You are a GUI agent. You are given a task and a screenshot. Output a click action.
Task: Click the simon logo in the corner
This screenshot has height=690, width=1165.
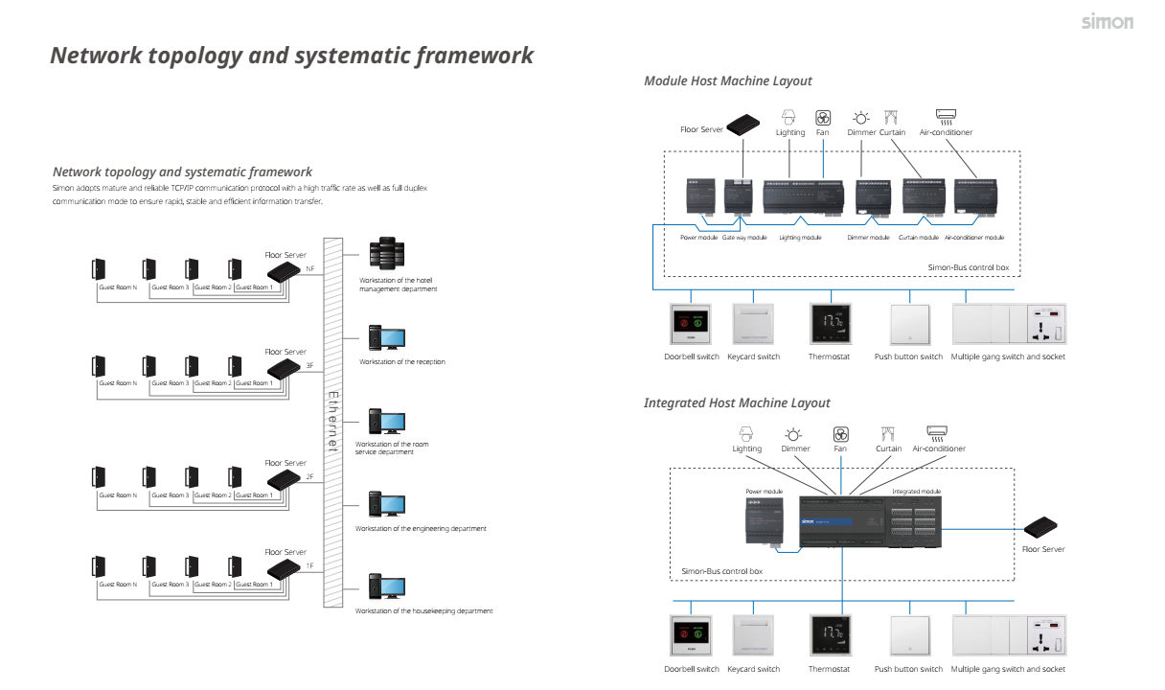(x=1107, y=21)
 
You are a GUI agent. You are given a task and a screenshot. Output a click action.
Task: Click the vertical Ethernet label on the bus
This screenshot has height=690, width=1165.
(x=333, y=422)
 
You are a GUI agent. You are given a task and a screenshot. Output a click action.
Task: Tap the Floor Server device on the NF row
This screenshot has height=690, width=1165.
(x=285, y=273)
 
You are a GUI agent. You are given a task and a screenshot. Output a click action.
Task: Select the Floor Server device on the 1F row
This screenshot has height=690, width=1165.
(x=285, y=570)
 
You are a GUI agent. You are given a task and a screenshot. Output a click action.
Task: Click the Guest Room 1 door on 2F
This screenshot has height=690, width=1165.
(x=234, y=479)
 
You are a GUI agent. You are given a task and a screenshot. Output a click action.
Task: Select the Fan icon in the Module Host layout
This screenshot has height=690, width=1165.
(x=822, y=117)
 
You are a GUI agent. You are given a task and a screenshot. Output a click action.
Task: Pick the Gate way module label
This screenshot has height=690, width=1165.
(x=744, y=238)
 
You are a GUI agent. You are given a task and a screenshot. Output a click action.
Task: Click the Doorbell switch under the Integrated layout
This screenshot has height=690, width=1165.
(x=691, y=637)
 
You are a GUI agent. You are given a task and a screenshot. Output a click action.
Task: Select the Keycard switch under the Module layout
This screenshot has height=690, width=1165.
(x=753, y=326)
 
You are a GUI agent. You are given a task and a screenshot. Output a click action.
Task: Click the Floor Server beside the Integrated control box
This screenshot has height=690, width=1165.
(x=1040, y=526)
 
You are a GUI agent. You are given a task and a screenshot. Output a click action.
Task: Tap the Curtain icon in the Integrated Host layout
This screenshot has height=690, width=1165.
(x=888, y=433)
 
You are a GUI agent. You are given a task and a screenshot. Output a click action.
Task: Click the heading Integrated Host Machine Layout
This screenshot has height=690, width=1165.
(x=737, y=403)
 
